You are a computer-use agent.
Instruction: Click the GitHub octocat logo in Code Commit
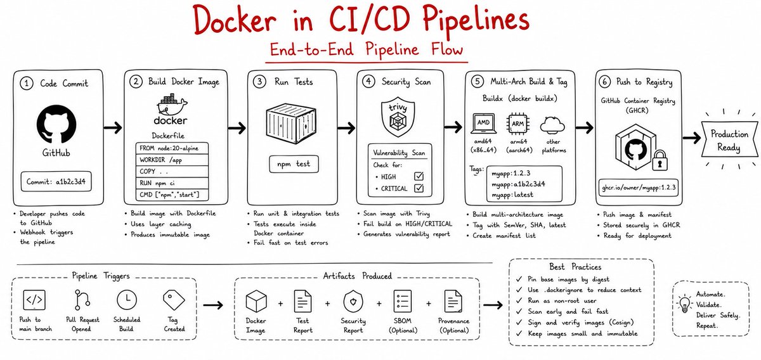(x=56, y=124)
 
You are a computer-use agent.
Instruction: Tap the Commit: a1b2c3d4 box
(x=56, y=182)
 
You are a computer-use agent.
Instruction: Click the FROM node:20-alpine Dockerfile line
(x=172, y=148)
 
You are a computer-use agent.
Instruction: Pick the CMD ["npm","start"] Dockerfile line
(x=172, y=195)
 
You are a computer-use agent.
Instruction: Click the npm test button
(x=294, y=164)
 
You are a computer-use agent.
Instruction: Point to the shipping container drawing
(x=291, y=124)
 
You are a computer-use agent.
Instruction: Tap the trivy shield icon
(x=398, y=117)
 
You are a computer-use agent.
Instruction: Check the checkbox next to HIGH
(x=419, y=176)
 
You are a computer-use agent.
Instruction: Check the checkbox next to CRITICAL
(x=419, y=188)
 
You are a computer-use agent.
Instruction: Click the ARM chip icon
(x=517, y=124)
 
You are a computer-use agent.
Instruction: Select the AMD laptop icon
(x=483, y=124)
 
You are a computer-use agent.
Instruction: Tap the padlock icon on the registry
(x=660, y=160)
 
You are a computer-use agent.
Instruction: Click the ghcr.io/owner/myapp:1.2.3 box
(x=639, y=188)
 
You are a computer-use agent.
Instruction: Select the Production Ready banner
(x=729, y=139)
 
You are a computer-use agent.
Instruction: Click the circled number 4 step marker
(x=368, y=82)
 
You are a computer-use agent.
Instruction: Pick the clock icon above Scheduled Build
(x=127, y=300)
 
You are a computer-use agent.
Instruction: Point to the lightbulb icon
(x=684, y=304)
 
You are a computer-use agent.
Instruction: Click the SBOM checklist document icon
(x=403, y=301)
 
